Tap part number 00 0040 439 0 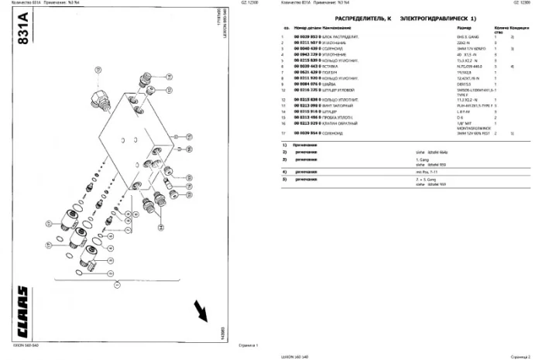tap(308, 49)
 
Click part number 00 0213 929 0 tap(308, 123)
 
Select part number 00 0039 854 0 tap(308, 133)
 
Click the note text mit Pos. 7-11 tap(429, 170)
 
